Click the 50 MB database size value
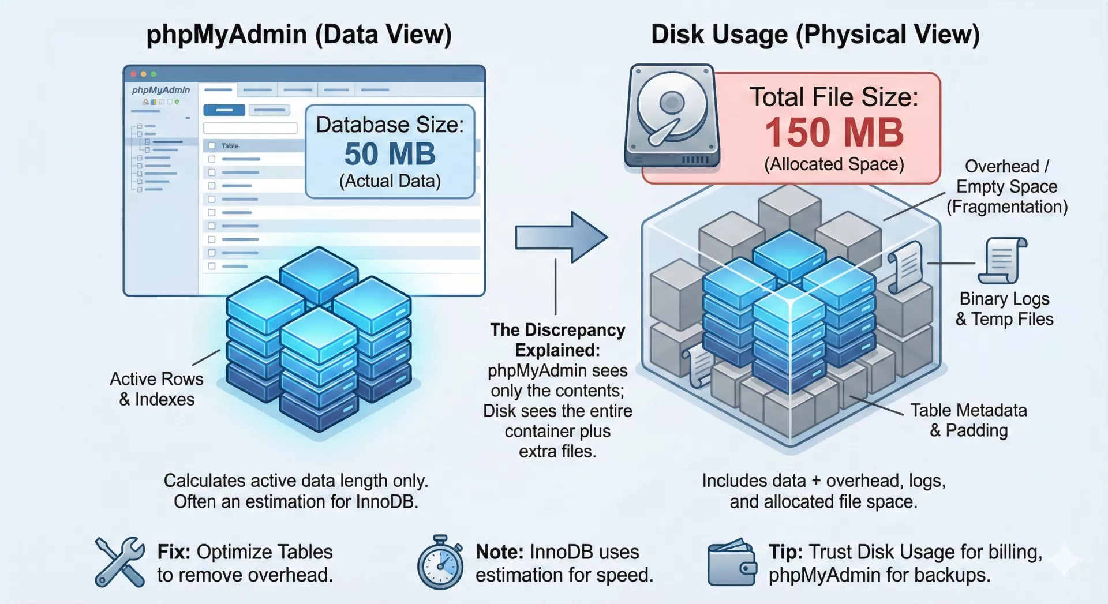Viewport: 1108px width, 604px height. (390, 154)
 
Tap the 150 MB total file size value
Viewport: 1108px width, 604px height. (834, 132)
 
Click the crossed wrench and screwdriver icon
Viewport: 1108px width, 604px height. (120, 562)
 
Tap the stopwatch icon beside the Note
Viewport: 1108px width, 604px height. (440, 563)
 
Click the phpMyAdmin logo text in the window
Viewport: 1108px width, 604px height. (160, 90)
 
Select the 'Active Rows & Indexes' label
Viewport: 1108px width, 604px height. (156, 389)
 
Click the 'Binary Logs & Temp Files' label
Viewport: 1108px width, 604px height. (1004, 309)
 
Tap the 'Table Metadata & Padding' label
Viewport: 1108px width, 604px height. (968, 420)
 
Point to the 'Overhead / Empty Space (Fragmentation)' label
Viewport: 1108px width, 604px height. (1006, 186)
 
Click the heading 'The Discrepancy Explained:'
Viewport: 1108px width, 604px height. (557, 340)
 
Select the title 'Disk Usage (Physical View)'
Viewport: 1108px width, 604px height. (815, 35)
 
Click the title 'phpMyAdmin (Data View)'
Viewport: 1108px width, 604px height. (299, 35)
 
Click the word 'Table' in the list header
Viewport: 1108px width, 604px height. (230, 146)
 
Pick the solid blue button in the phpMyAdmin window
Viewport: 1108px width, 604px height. (224, 110)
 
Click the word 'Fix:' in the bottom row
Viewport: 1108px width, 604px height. (174, 552)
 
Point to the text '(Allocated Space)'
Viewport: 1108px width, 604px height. (834, 164)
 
